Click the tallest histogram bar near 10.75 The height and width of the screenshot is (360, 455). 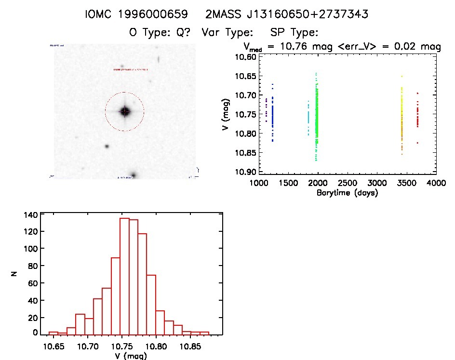click(124, 275)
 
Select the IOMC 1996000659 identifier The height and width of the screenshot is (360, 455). click(136, 15)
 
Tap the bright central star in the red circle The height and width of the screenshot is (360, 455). click(125, 111)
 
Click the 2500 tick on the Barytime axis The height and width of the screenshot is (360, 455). click(348, 184)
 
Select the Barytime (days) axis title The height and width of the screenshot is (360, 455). click(347, 193)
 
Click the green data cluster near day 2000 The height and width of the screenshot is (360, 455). click(317, 118)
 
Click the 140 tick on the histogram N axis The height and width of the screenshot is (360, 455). click(30, 214)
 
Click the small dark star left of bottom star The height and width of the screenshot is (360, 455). click(107, 147)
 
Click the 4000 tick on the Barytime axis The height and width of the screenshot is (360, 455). click(436, 184)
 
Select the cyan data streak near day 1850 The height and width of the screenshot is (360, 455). click(308, 118)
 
